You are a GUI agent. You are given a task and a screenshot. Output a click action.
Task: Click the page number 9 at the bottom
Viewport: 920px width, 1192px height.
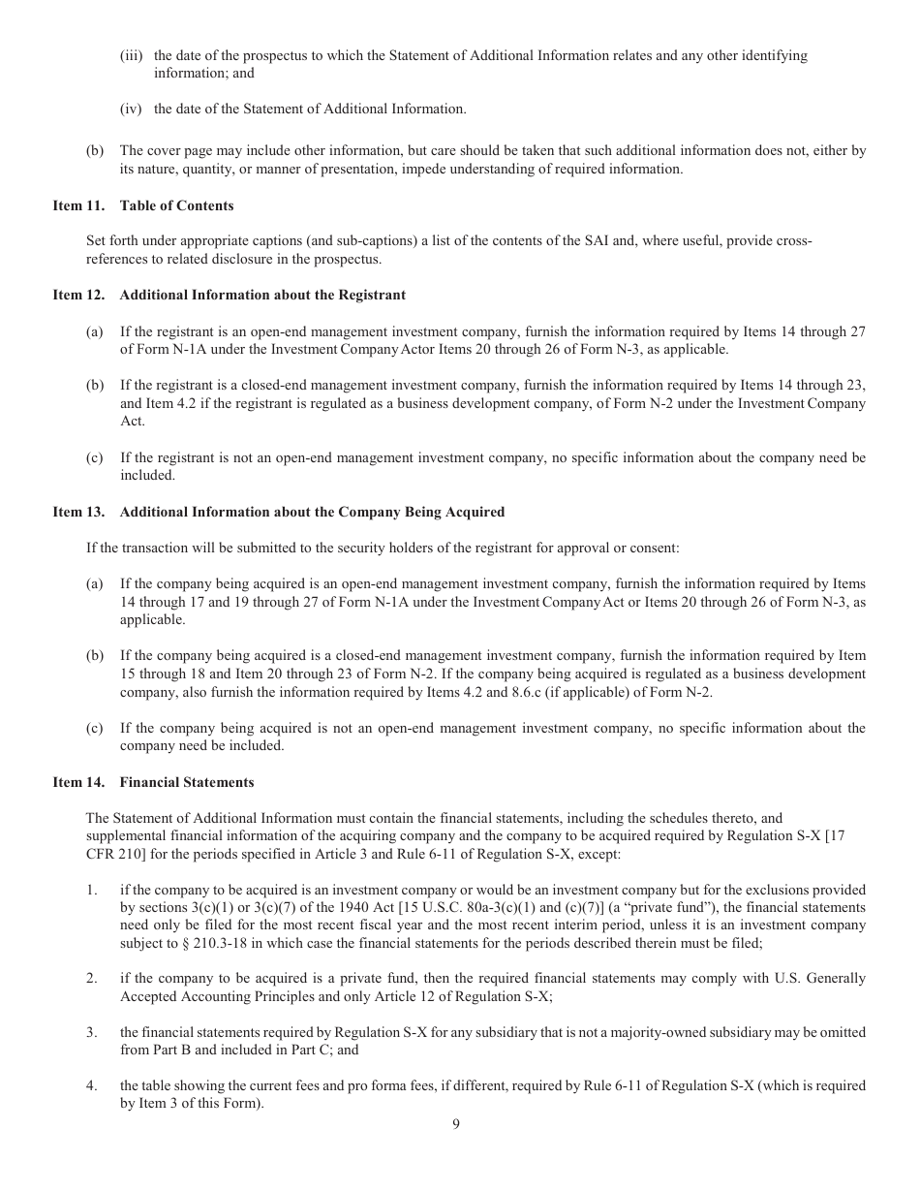click(455, 1124)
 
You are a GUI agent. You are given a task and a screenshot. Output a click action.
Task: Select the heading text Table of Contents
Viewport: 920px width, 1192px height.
click(176, 205)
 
